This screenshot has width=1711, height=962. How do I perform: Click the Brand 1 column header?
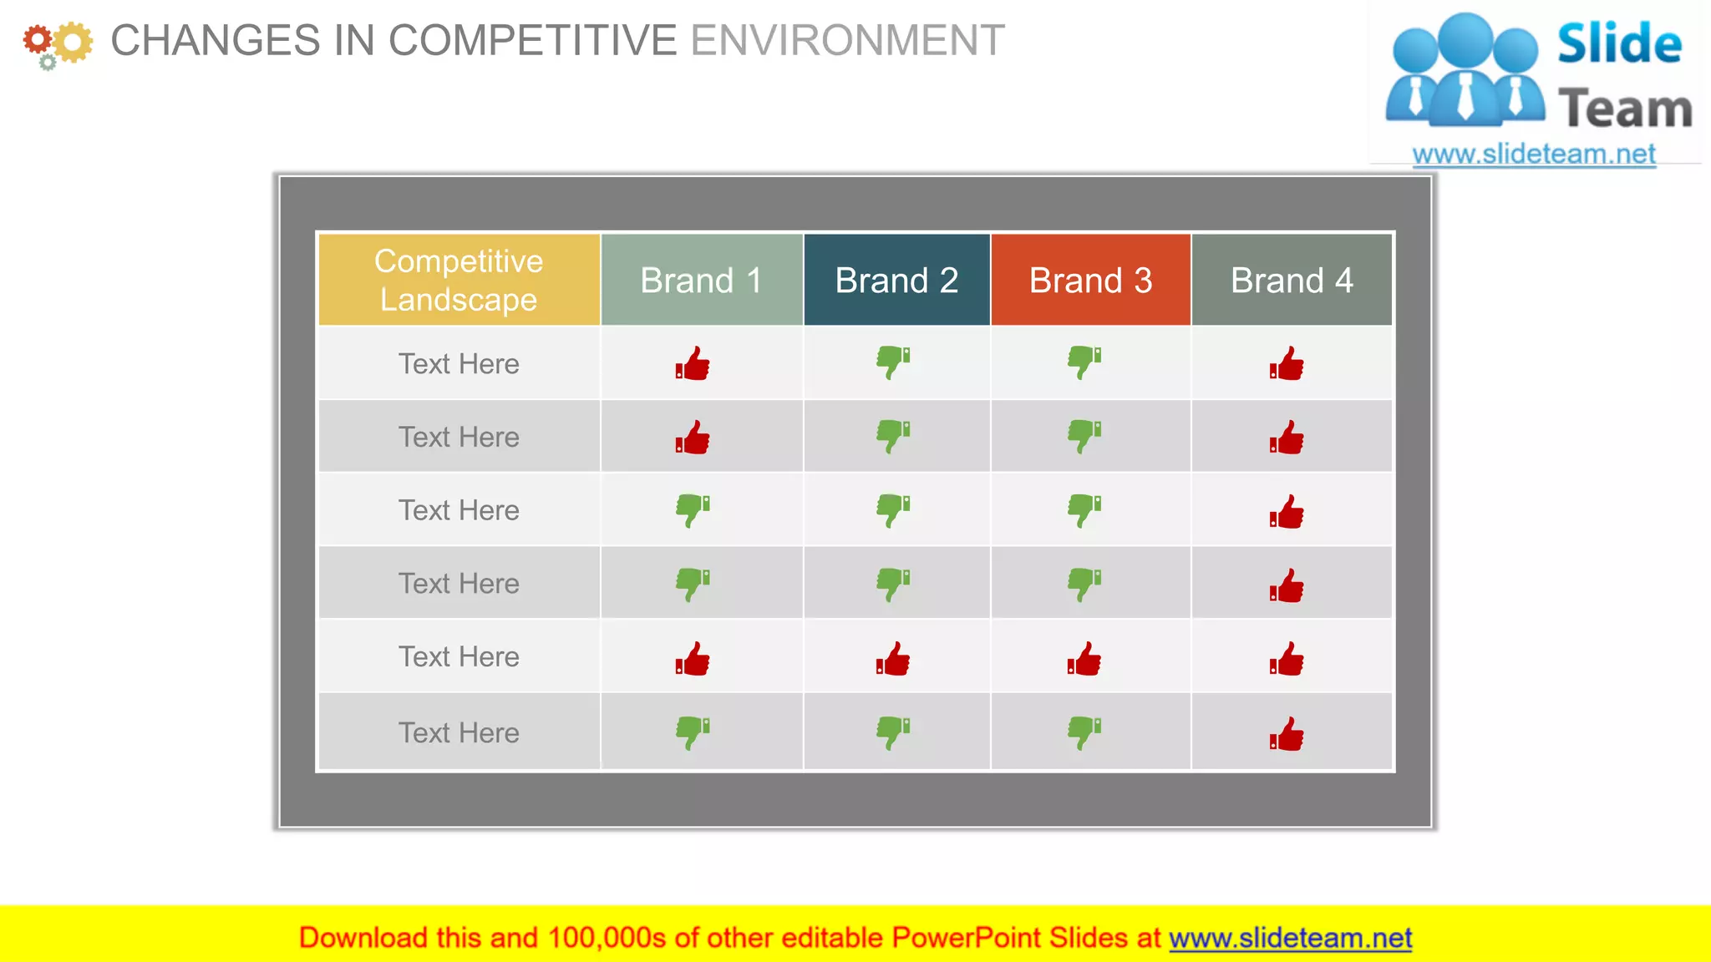[x=701, y=281]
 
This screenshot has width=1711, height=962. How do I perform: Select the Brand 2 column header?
[x=896, y=281]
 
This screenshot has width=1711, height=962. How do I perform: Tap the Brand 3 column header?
[x=1090, y=281]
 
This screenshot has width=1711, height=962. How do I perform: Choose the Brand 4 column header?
[x=1292, y=281]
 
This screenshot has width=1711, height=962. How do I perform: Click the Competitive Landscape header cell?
[x=459, y=280]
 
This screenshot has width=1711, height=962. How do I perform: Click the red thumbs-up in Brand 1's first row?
[x=693, y=364]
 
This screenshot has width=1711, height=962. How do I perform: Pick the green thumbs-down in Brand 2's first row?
[x=893, y=362]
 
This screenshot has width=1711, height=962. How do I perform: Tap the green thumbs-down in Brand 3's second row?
[x=1084, y=436]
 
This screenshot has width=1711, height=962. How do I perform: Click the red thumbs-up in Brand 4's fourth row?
[x=1287, y=585]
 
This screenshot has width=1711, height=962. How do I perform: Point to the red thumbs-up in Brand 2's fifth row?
[x=893, y=659]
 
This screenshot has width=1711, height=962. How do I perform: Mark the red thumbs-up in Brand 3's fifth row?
[x=1084, y=659]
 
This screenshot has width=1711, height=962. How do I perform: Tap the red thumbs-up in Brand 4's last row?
[x=1287, y=734]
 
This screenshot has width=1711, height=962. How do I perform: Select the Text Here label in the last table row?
[x=459, y=733]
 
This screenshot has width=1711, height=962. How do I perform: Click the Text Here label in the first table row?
[x=459, y=364]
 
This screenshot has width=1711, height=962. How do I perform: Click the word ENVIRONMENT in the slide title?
[x=847, y=41]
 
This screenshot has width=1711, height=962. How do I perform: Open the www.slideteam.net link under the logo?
[x=1534, y=154]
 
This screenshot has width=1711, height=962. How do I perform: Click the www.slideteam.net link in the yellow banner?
[x=1290, y=938]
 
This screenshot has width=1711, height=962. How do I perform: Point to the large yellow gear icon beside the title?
[x=74, y=42]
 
